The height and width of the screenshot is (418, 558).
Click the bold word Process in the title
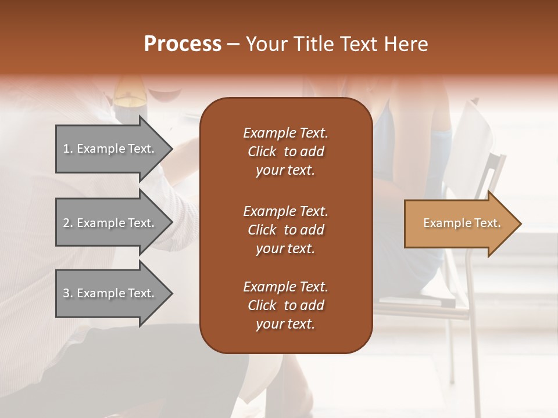[x=183, y=44]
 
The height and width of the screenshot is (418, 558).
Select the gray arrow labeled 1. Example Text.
[x=110, y=149]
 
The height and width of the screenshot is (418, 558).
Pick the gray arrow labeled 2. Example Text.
[x=110, y=223]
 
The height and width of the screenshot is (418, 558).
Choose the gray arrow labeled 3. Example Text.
[x=110, y=293]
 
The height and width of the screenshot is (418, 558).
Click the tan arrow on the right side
[x=459, y=224]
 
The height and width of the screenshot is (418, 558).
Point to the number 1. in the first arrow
[x=68, y=149]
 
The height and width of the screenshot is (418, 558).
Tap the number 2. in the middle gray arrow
[x=68, y=223]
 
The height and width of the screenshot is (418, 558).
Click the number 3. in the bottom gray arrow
[x=68, y=293]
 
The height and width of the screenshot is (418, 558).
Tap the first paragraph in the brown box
[x=285, y=152]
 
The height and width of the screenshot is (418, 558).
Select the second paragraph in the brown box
[x=285, y=229]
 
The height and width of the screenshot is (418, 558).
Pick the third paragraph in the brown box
[x=285, y=305]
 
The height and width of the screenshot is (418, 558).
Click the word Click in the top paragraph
[x=262, y=152]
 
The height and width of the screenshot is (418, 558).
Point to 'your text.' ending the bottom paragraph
[x=285, y=325]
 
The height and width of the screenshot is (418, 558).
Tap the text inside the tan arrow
[x=462, y=223]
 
